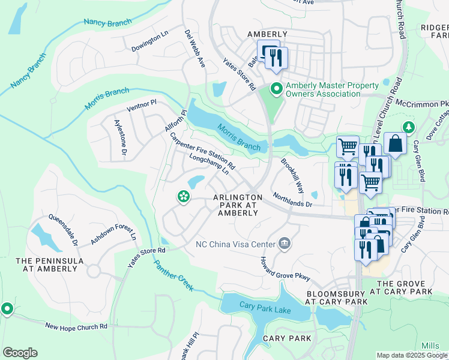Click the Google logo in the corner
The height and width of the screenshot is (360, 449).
(20, 353)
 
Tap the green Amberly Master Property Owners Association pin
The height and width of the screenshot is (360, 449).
(276, 89)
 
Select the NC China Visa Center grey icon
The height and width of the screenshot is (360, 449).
(285, 244)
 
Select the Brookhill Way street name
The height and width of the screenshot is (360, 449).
(292, 173)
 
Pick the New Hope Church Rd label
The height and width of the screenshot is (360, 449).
(76, 326)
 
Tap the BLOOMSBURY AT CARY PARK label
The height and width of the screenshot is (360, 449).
(335, 298)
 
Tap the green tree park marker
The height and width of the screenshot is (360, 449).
(409, 127)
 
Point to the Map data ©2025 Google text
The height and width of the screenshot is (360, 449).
(411, 355)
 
